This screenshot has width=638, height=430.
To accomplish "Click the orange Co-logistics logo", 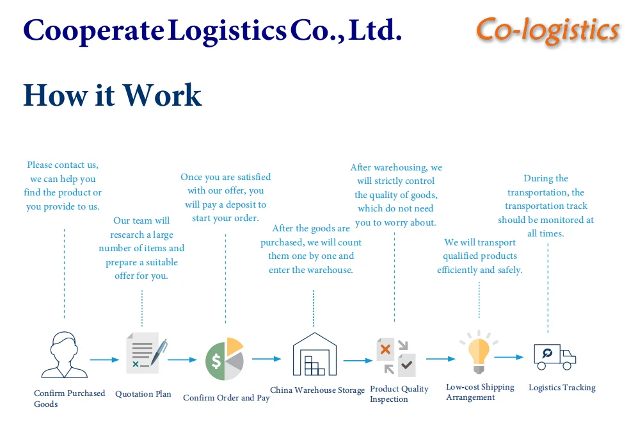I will coord(548,30).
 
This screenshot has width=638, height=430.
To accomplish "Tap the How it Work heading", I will coord(112,95).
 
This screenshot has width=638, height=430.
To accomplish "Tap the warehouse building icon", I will coord(314,354).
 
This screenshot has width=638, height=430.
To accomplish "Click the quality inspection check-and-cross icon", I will coord(395,356).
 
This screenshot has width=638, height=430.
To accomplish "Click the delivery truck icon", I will coord(554,356).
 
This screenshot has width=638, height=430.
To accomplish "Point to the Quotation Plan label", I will coord(143,394).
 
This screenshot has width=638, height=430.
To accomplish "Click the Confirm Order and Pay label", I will coord(226,398).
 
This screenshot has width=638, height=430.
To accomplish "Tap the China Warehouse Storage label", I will coord(317,390).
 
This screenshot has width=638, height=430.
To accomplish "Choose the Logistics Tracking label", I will coord(562,388).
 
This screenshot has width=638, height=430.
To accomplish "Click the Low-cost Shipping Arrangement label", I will coord(479,392).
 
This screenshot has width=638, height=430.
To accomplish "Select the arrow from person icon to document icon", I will coord(104,360).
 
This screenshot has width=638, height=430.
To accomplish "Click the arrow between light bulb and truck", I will coord(509,357).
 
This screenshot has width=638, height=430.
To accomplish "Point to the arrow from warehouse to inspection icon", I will coord(357,360).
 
